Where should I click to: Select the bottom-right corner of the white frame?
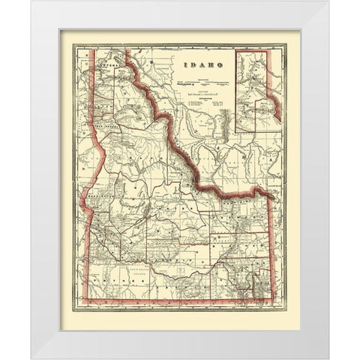point(328,358)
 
